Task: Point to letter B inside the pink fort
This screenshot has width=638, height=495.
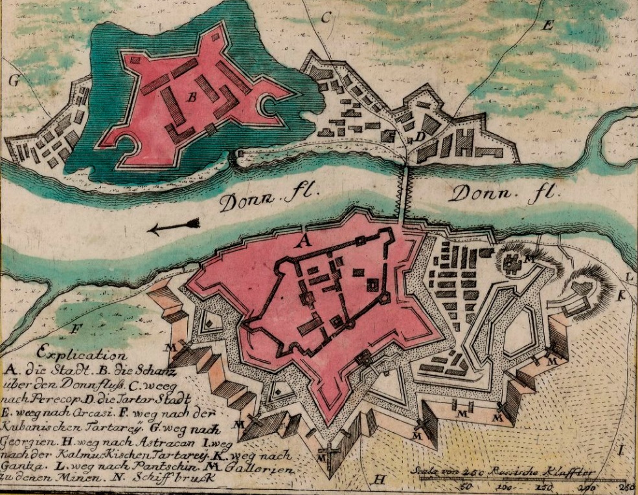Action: point(192,97)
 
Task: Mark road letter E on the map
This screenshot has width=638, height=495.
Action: point(547,25)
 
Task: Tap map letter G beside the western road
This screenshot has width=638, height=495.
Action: point(13,80)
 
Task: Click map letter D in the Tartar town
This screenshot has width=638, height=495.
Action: point(420,137)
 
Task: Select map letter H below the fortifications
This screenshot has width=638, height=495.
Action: point(380,479)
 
